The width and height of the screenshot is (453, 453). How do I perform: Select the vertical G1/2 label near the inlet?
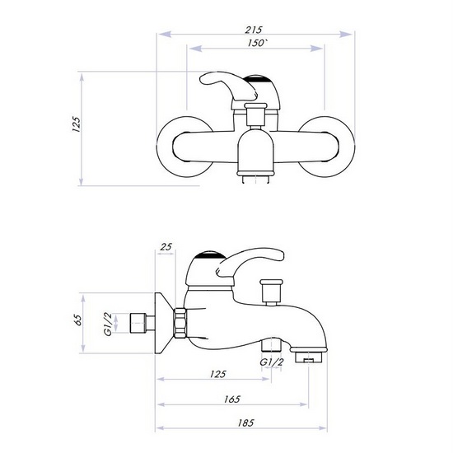point(107,322)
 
